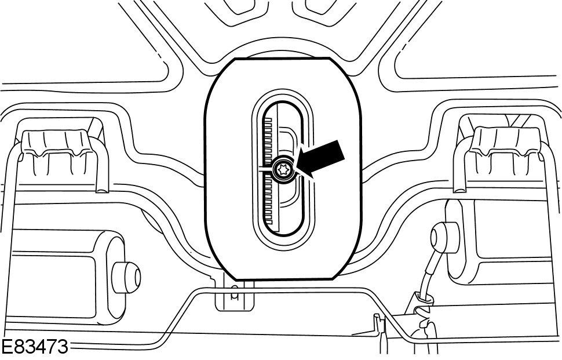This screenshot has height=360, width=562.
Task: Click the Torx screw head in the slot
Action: pyautogui.click(x=284, y=169)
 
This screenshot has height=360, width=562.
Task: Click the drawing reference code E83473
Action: pyautogui.click(x=34, y=348)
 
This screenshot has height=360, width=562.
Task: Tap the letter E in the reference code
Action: pyautogui.click(x=7, y=348)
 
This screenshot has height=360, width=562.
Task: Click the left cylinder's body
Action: pyautogui.click(x=58, y=272)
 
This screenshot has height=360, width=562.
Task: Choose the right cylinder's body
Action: pyautogui.click(x=498, y=232)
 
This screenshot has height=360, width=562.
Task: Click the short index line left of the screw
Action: pyautogui.click(x=264, y=169)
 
